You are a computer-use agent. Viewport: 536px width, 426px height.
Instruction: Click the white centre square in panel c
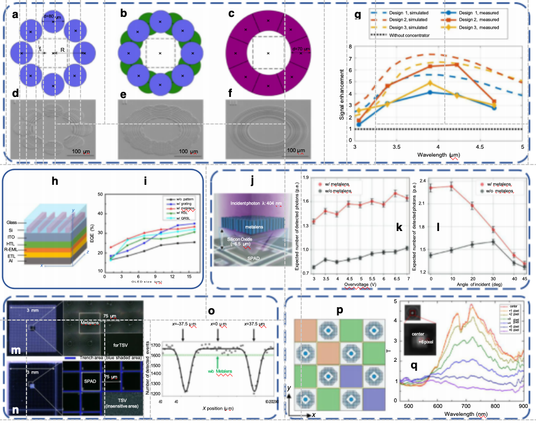(x=268, y=54)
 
